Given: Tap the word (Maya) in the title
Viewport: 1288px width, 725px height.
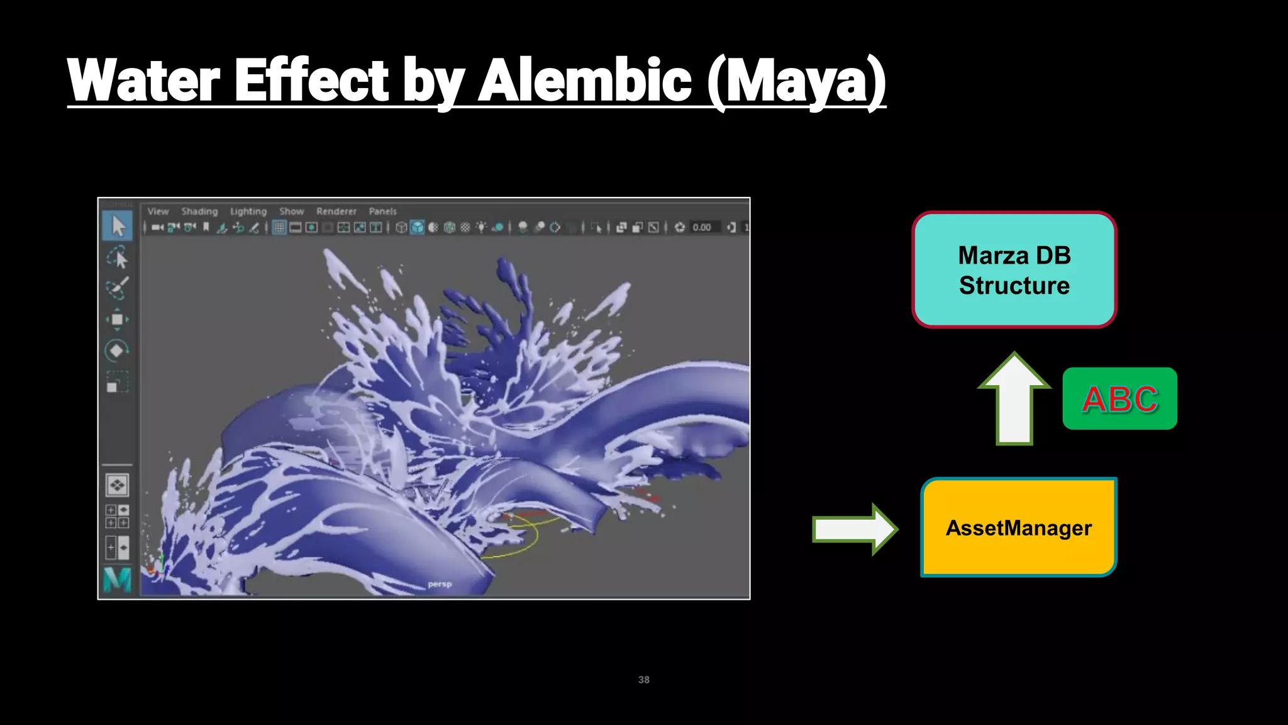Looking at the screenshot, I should click(x=796, y=81).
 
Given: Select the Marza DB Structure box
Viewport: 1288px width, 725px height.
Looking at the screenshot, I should click(x=1014, y=270).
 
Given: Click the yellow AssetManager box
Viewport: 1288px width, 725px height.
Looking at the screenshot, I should click(x=1018, y=527).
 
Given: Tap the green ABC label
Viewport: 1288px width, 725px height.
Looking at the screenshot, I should click(x=1119, y=399).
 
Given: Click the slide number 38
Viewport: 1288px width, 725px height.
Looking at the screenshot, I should click(x=643, y=680).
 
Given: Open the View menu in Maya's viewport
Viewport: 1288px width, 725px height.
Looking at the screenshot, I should click(x=158, y=211).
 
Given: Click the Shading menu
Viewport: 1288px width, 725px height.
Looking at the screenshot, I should click(x=199, y=211).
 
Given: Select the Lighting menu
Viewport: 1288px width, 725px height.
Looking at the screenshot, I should click(x=248, y=211).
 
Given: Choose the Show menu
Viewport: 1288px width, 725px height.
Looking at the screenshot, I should click(x=291, y=211).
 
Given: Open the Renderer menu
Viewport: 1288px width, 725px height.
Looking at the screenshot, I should click(x=336, y=211).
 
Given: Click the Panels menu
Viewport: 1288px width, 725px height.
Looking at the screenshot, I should click(x=382, y=211).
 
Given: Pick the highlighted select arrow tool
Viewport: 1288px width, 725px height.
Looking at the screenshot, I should click(x=118, y=226).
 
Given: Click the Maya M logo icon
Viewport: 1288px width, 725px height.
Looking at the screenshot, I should click(x=117, y=579).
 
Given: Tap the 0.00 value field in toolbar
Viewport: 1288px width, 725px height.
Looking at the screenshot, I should click(x=701, y=227).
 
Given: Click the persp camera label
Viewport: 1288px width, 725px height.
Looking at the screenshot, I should click(x=440, y=584).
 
